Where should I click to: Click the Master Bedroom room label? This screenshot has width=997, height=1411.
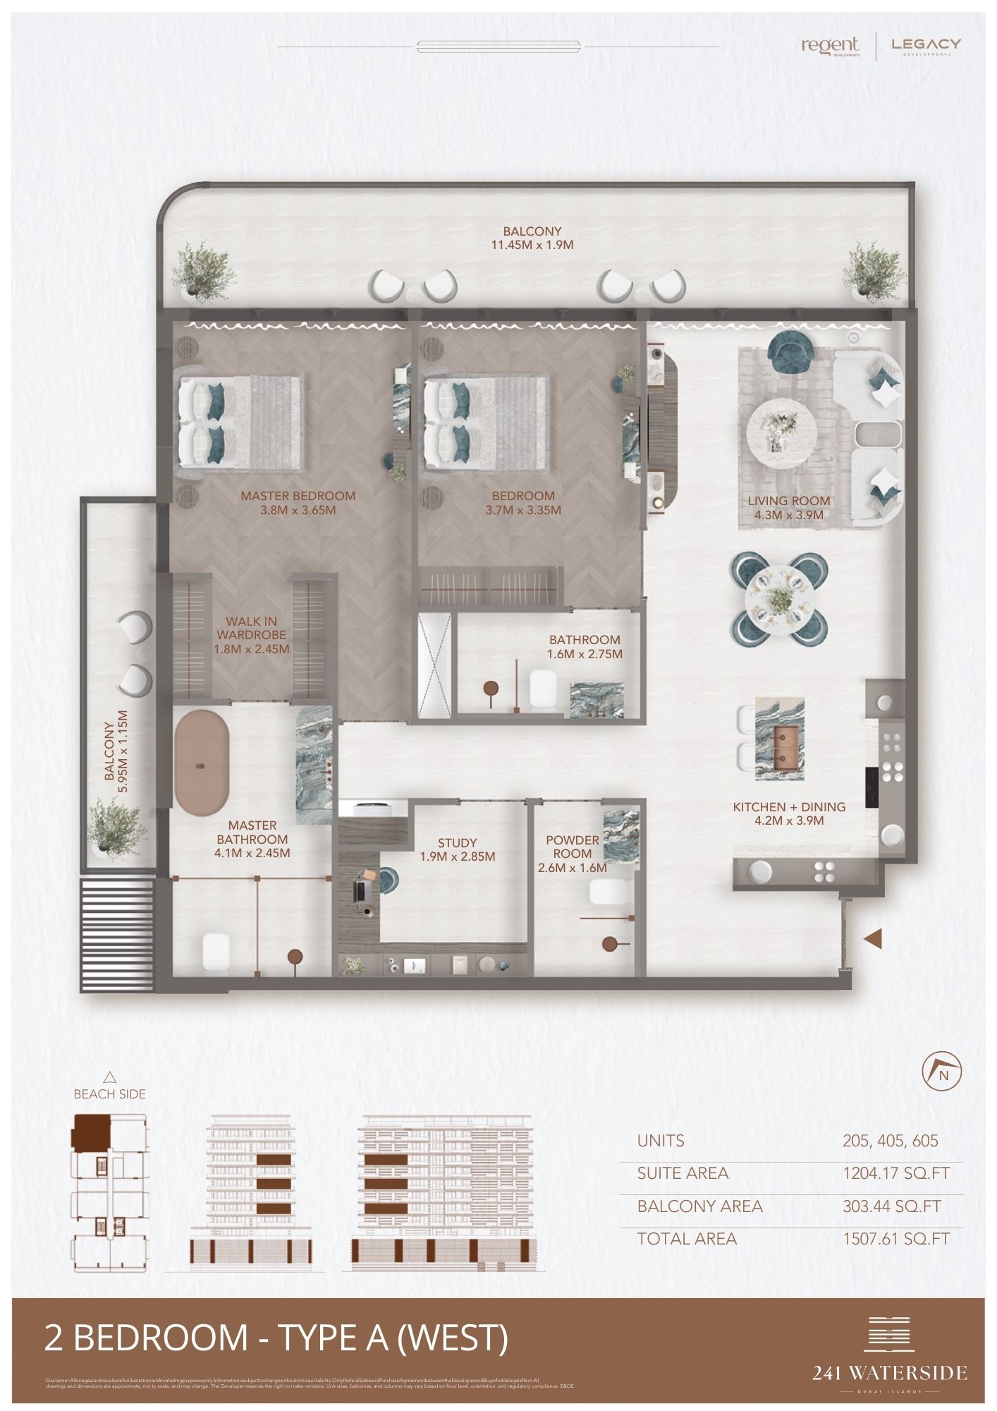(298, 496)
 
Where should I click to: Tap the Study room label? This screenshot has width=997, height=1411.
(457, 842)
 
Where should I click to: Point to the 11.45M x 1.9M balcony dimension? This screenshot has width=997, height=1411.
(532, 246)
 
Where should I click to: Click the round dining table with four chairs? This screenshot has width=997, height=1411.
(778, 597)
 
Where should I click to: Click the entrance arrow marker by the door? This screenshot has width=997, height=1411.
(874, 938)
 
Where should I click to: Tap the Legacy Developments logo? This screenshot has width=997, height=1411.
(926, 46)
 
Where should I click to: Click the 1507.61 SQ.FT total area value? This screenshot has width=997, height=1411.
(896, 1238)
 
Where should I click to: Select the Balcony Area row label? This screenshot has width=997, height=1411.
(699, 1206)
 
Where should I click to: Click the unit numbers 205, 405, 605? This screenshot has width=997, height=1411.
(890, 1141)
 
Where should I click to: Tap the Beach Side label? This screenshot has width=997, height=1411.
(109, 1094)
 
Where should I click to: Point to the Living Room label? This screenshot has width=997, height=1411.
(788, 501)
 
